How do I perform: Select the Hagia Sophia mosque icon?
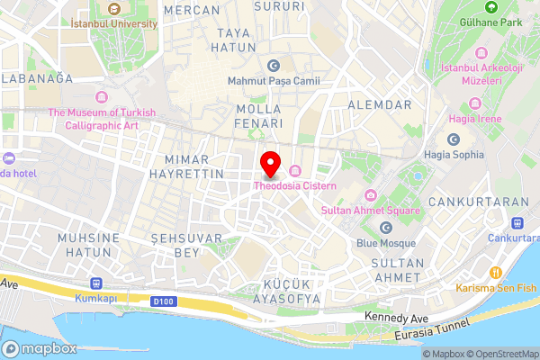coord(454,140)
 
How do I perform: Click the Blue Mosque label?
coord(385,243)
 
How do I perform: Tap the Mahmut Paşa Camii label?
coord(274,81)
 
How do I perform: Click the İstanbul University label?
coord(113,22)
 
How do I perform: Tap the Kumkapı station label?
coord(96,296)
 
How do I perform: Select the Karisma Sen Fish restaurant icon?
coord(494,273)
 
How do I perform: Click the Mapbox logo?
coord(40,349)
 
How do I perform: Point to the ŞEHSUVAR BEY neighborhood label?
coord(175,247)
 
